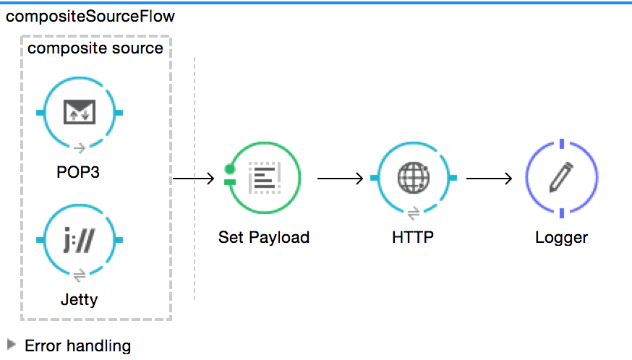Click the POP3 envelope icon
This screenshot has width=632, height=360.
coord(80,112)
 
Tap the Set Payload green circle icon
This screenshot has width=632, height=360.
coord(263,178)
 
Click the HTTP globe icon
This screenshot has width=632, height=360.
coord(414,178)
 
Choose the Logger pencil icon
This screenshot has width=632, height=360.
coord(562,178)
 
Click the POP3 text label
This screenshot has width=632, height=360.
coord(80,173)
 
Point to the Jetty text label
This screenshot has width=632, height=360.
coord(80,299)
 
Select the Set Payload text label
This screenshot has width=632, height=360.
coord(263,237)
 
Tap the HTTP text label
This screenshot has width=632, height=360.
coord(414,237)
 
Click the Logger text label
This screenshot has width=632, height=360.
coord(562,237)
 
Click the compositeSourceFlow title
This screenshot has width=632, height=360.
coord(90,16)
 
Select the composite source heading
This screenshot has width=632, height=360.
coord(95,48)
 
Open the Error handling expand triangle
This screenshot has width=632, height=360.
coord(11,345)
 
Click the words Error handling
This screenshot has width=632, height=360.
coord(77,346)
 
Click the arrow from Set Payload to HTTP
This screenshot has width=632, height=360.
coord(339,178)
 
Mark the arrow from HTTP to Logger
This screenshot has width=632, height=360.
coord(489,178)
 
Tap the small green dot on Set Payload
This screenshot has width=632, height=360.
coord(230,170)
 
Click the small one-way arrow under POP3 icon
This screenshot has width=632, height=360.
coord(80,148)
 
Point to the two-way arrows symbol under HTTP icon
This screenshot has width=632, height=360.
coord(414,213)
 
